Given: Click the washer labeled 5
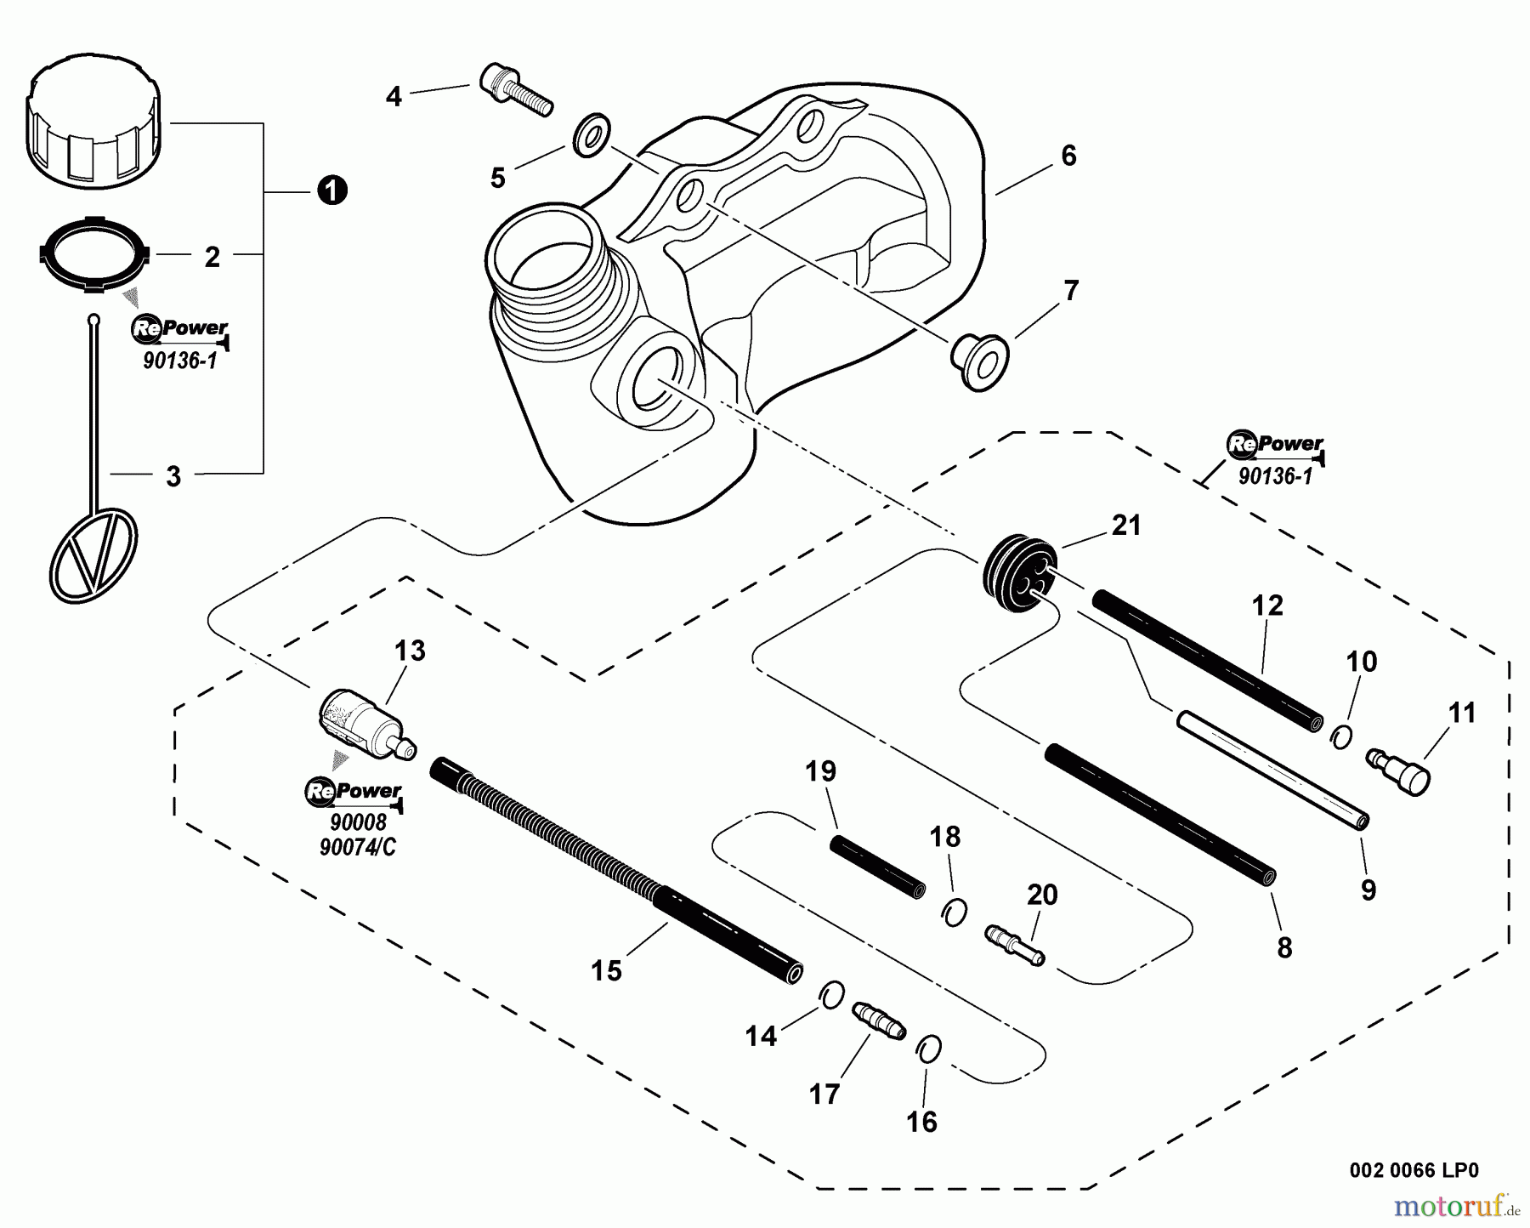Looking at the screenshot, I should coord(592,134).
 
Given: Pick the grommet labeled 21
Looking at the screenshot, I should coord(1017,568).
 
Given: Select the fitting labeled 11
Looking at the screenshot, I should coord(1399,769).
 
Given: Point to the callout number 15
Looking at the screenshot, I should coord(606,970).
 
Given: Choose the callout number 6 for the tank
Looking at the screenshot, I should coord(1068,156).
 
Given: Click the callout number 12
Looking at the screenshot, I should coord(1266,606).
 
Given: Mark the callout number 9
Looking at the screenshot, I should coord(1368,890).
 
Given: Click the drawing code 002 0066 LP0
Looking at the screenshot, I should coord(1414,1170).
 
